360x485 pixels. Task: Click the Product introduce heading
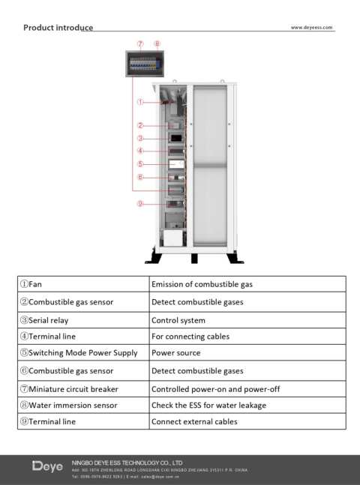tap(58, 28)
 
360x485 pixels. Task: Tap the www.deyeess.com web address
tap(312, 28)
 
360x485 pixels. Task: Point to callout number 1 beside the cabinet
tap(140, 102)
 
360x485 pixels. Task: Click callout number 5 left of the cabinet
tap(140, 163)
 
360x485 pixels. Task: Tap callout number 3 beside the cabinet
tap(140, 138)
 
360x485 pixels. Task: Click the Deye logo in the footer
tap(47, 466)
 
